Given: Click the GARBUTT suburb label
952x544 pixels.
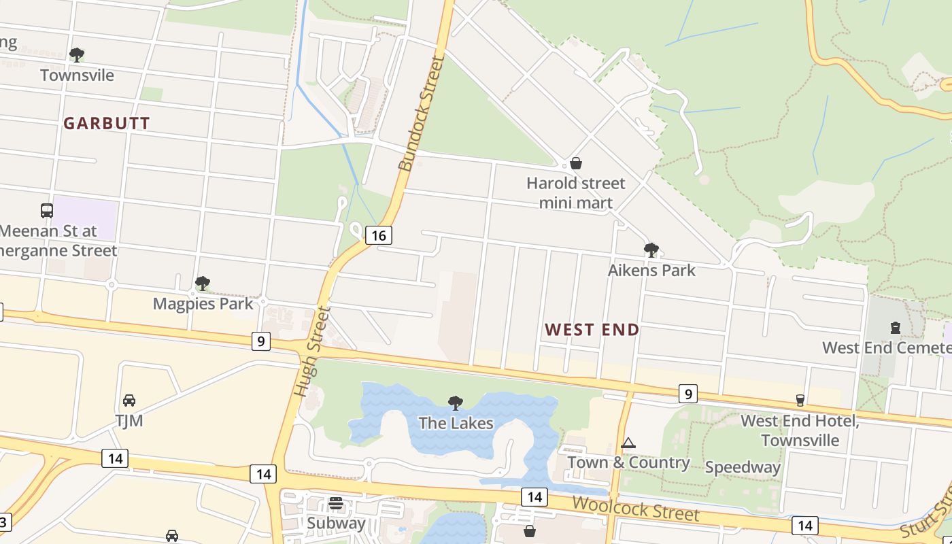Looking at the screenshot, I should (107, 123).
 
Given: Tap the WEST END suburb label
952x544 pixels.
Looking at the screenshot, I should (592, 330).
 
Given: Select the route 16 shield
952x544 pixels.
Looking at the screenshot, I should (379, 235).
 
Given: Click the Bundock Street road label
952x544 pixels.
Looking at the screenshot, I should (421, 113).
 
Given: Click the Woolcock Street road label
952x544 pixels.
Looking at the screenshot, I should (635, 508).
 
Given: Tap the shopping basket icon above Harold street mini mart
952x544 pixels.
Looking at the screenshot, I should (576, 163).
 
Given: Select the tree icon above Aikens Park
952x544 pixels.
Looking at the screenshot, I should (651, 250).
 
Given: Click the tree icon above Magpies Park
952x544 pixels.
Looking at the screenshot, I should (202, 284).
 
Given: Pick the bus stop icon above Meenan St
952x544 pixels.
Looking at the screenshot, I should (47, 211).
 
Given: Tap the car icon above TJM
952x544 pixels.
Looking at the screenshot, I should (129, 401).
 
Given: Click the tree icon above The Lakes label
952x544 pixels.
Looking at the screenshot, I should (456, 403).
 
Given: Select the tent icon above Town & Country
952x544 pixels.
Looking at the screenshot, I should (628, 443).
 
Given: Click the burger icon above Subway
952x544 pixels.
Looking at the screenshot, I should (336, 503).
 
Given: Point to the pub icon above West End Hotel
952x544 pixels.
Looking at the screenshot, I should (800, 401).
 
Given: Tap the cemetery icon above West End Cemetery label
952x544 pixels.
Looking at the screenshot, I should (896, 328).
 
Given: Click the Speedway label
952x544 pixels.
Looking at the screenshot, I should (743, 467).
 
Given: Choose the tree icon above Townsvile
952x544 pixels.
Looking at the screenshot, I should (77, 55).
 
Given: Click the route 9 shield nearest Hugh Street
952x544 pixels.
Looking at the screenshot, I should (260, 341).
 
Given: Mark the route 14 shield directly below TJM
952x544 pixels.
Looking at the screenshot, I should (115, 458).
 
